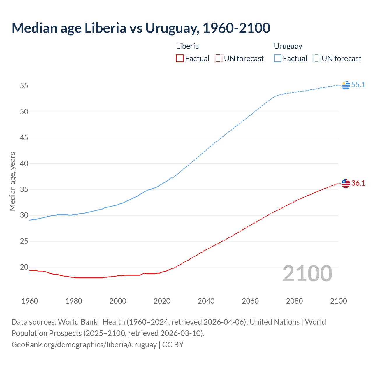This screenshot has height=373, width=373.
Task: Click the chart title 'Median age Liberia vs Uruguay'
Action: pyautogui.click(x=141, y=28)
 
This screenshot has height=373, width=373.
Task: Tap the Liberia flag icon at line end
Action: pyautogui.click(x=346, y=183)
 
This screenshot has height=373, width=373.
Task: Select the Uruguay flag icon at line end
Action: pyautogui.click(x=346, y=85)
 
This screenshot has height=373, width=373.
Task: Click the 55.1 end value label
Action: pyautogui.click(x=358, y=85)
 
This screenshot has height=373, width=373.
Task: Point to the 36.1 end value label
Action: pyautogui.click(x=358, y=183)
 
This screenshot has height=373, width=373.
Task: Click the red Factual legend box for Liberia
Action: pyautogui.click(x=180, y=59)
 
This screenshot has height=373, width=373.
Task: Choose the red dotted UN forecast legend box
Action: pyautogui.click(x=219, y=59)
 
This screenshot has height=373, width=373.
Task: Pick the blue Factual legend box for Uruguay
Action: pyautogui.click(x=277, y=59)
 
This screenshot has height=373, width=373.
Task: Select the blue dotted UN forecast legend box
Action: pyautogui.click(x=316, y=59)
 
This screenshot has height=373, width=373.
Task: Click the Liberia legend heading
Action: pyautogui.click(x=187, y=46)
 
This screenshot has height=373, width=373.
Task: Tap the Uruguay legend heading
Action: pyautogui.click(x=288, y=46)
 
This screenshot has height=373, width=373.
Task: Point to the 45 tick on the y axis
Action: pyautogui.click(x=24, y=138)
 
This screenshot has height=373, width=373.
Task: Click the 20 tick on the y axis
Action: pyautogui.click(x=24, y=267)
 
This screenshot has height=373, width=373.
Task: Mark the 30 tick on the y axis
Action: pyautogui.click(x=24, y=215)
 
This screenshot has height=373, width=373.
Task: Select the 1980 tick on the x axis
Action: pyautogui.click(x=74, y=301)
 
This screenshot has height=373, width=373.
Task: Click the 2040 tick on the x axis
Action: pyautogui.click(x=206, y=301)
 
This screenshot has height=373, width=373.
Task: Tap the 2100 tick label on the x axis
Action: pyautogui.click(x=338, y=301)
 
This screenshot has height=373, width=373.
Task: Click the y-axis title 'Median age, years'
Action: pyautogui.click(x=12, y=181)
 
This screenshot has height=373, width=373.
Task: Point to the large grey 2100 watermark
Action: pyautogui.click(x=307, y=273)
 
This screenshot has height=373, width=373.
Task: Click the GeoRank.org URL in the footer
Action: pyautogui.click(x=84, y=344)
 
